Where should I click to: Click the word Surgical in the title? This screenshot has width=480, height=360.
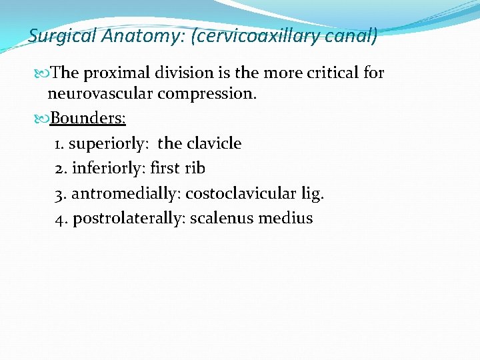(x=61, y=36)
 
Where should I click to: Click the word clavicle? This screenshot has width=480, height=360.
(x=213, y=143)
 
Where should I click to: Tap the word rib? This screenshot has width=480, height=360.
(x=195, y=168)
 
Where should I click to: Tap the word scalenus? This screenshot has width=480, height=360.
(x=221, y=219)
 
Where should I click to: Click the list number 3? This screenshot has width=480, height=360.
(x=59, y=193)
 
